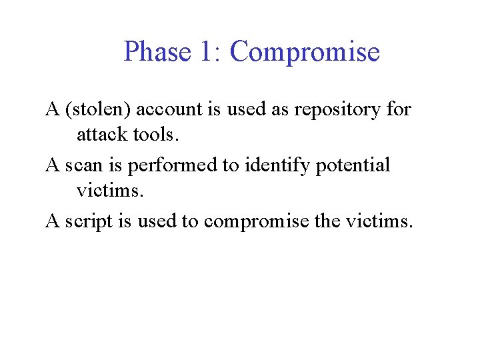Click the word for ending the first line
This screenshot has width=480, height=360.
[x=399, y=109]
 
